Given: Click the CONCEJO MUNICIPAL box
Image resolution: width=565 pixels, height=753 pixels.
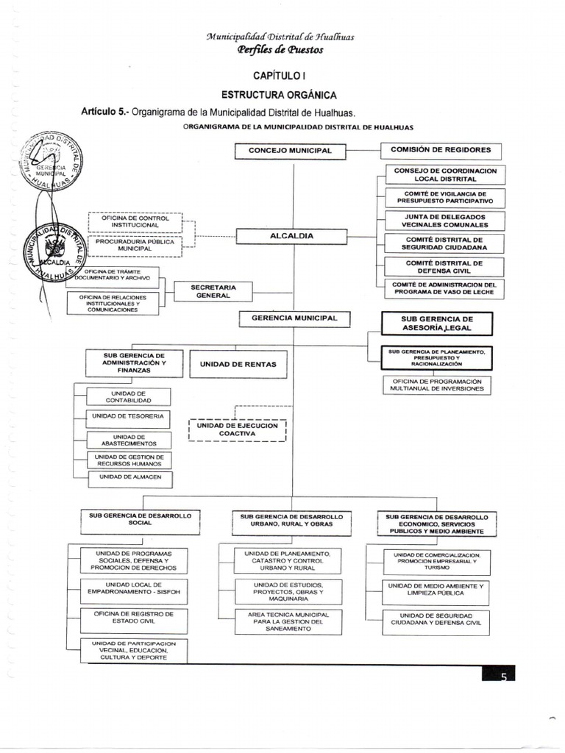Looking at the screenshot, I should pyautogui.click(x=290, y=151).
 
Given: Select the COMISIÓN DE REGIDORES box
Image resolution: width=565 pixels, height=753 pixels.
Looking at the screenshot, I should pyautogui.click(x=436, y=150).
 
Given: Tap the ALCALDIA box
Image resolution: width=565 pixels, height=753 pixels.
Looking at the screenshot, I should pyautogui.click(x=291, y=236).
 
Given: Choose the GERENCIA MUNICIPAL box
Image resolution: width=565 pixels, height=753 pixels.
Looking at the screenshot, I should pyautogui.click(x=294, y=318).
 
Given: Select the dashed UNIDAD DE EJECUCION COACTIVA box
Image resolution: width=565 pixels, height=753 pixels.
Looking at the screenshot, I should pyautogui.click(x=237, y=429).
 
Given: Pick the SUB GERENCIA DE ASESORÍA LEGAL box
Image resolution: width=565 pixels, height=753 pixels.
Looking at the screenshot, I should pyautogui.click(x=436, y=324).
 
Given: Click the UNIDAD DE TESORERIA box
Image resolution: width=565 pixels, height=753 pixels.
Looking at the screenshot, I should pyautogui.click(x=127, y=417).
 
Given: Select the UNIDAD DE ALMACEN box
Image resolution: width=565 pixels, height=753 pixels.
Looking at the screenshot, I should pyautogui.click(x=129, y=479).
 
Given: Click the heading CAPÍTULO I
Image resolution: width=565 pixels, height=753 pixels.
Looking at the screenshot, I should pyautogui.click(x=279, y=76).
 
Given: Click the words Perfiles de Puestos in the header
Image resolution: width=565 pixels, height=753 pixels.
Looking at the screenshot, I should pyautogui.click(x=280, y=49).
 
